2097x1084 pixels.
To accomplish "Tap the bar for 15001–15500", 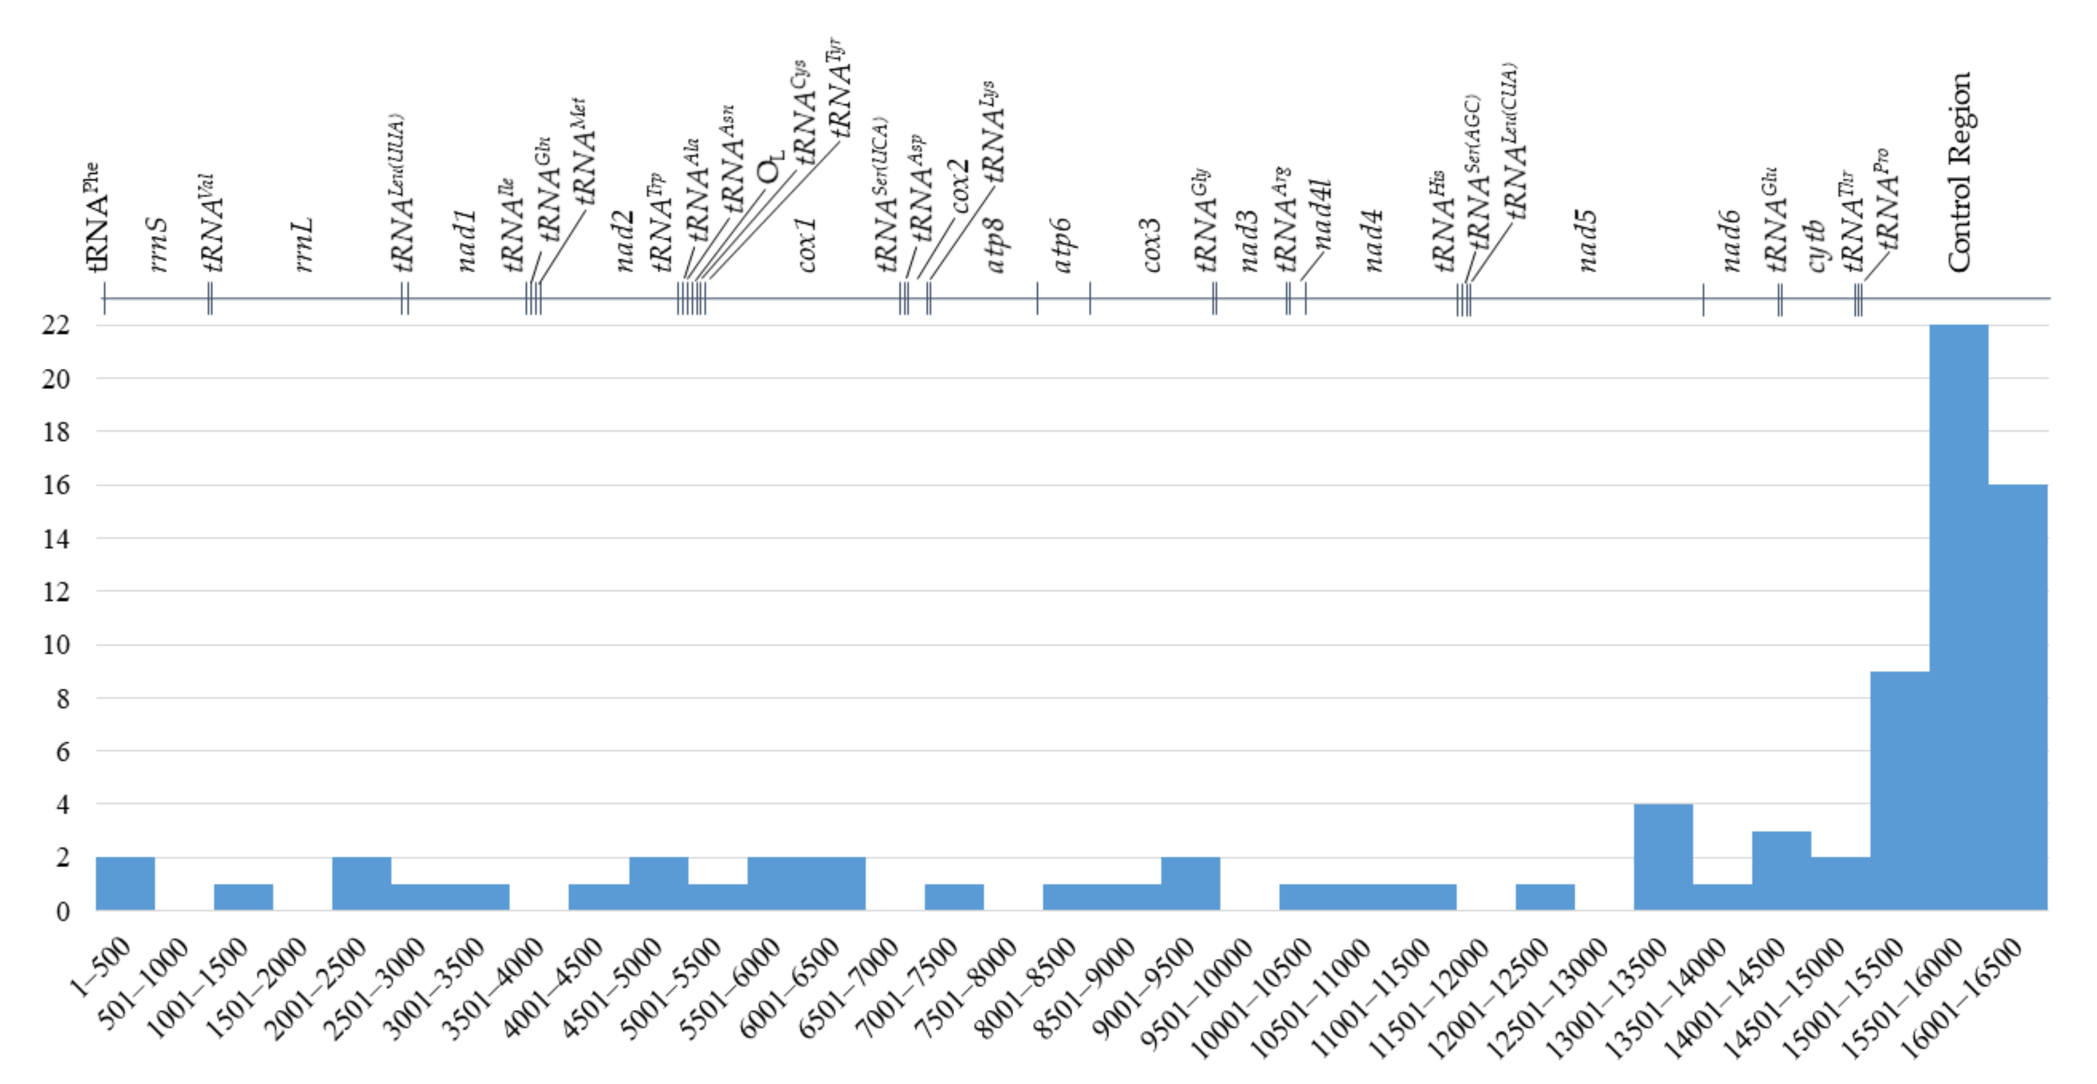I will point(1899,790).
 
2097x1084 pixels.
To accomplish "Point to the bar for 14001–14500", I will point(1781,870).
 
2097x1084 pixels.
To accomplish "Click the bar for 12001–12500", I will point(1544,897).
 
